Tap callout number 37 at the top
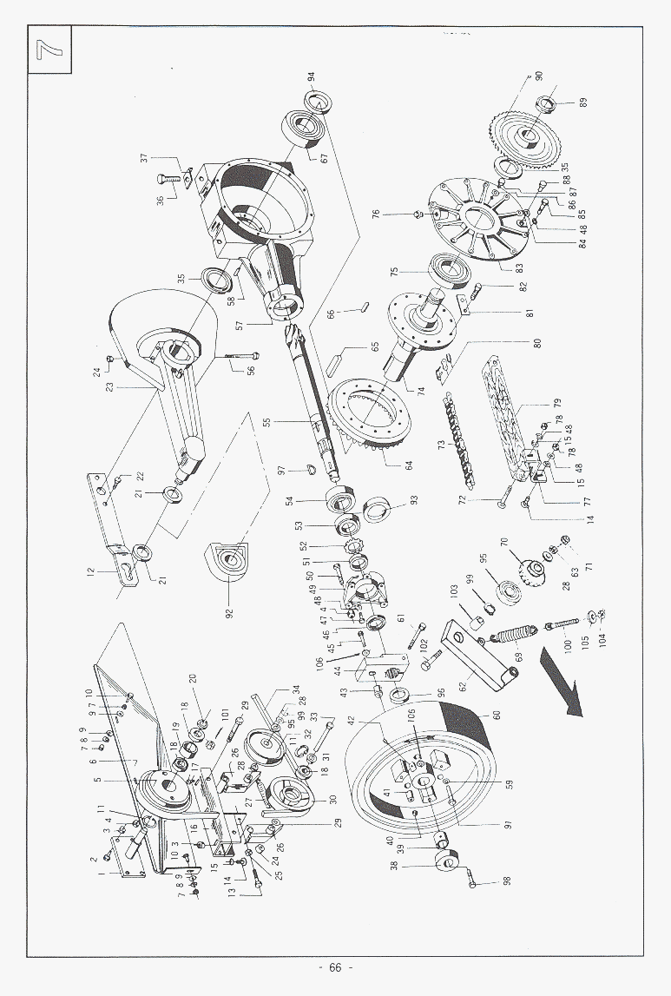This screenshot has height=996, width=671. coord(145,159)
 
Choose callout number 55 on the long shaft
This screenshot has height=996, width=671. coord(267,423)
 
